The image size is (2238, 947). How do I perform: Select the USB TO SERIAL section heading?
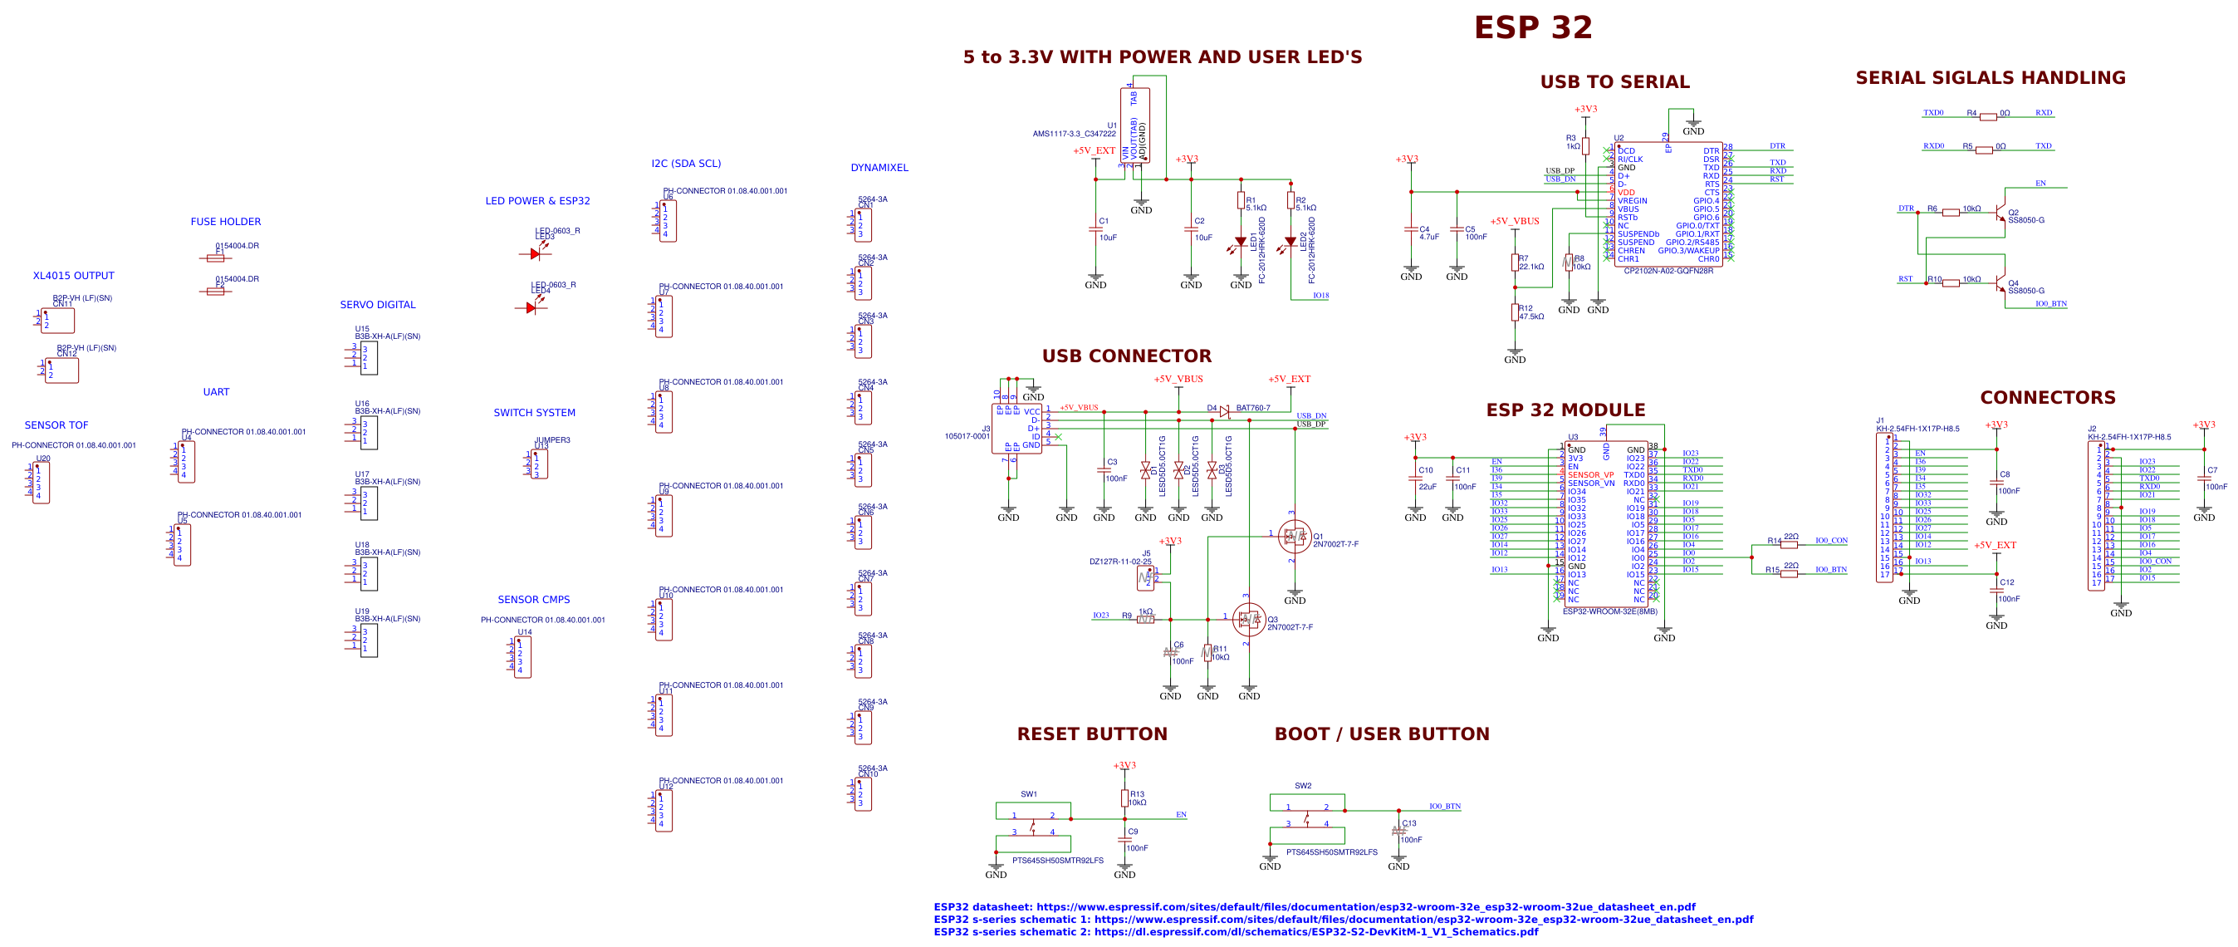[x=1614, y=81]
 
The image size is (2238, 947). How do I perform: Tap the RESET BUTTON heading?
[x=1091, y=734]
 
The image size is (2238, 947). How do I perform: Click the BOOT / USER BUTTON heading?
[x=1381, y=734]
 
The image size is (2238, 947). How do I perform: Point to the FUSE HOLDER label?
[x=225, y=222]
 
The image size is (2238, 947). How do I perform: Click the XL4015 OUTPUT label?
[x=73, y=276]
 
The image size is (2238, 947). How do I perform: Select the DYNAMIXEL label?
[x=879, y=168]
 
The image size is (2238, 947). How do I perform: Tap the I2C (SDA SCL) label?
[x=685, y=164]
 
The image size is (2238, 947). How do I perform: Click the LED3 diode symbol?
[x=535, y=253]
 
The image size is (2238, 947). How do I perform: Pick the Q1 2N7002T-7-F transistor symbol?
[x=1295, y=536]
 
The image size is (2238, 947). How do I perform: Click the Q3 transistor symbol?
[x=1248, y=619]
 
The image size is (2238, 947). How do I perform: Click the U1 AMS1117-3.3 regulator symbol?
[x=1134, y=125]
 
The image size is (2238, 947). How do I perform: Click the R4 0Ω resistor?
[x=1988, y=116]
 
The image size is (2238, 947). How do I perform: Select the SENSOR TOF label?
[x=56, y=424]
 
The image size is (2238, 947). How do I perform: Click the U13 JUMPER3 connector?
[x=539, y=463]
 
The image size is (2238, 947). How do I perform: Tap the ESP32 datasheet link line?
[x=1314, y=906]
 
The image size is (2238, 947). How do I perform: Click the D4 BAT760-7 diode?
[x=1224, y=411]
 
